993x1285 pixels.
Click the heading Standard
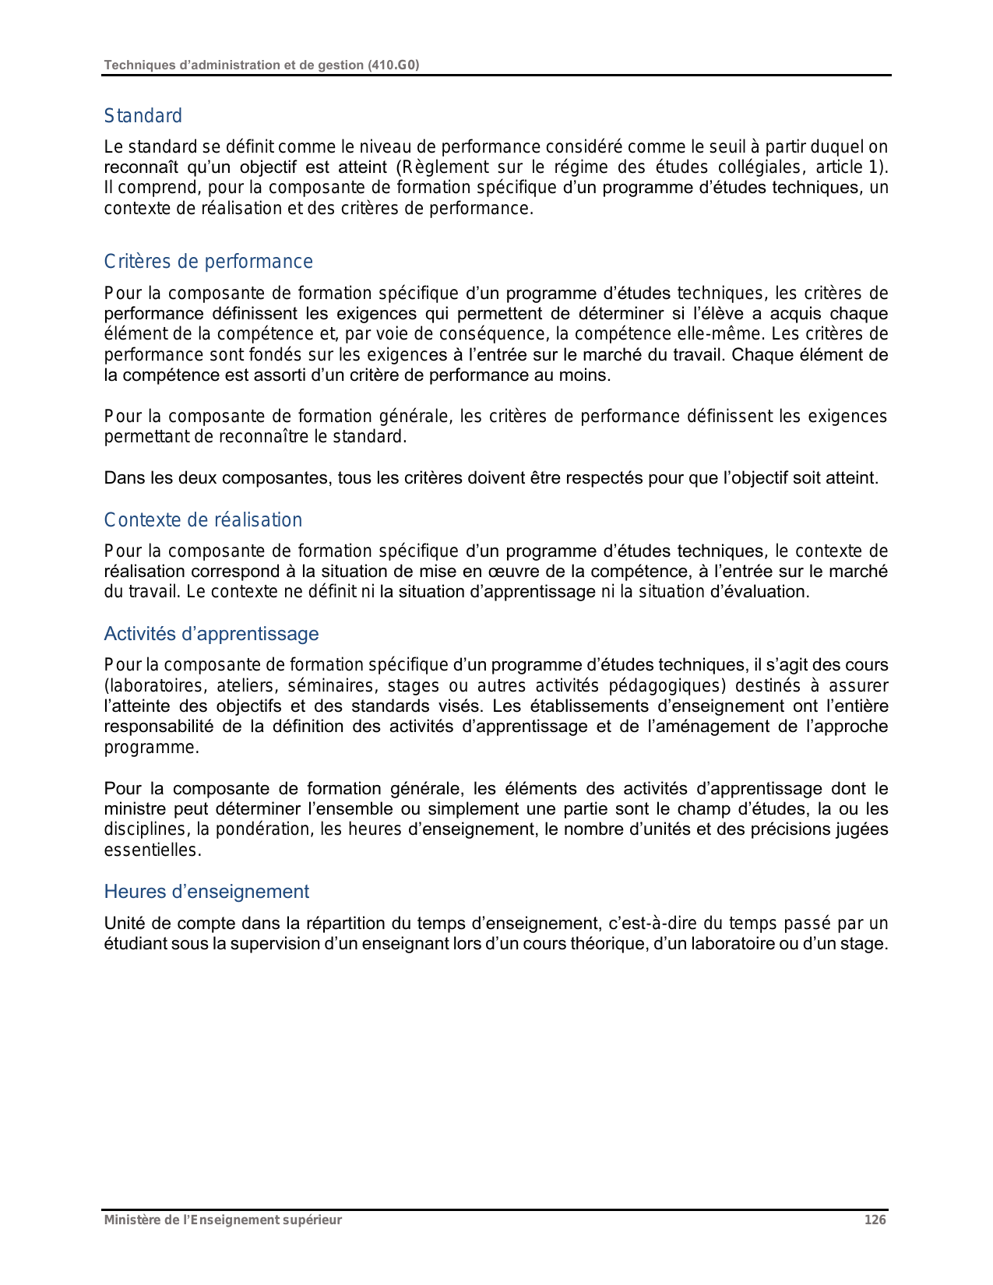coord(143,116)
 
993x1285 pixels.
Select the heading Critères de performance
coord(208,262)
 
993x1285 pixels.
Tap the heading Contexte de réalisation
coord(202,520)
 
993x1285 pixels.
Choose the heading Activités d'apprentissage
coord(211,634)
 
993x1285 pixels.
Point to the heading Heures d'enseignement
coord(206,892)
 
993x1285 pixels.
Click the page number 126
coord(875,1220)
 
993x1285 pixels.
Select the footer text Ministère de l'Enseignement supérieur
coord(223,1220)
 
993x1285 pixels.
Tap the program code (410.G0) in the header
coord(393,65)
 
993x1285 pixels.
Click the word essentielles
coord(153,850)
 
